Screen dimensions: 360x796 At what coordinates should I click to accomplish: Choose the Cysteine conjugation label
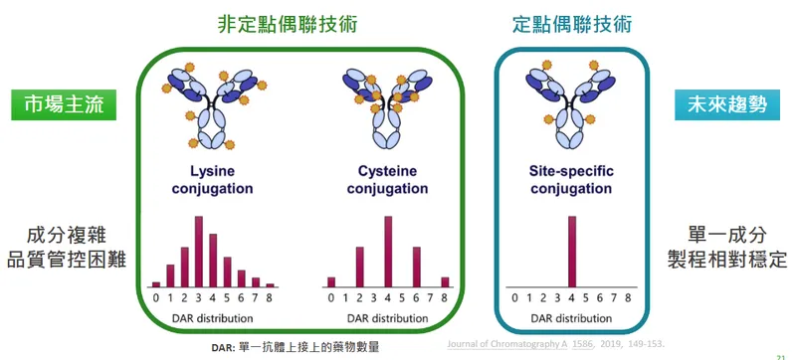tap(387, 179)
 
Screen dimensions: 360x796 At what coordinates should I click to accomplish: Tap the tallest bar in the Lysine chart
tap(198, 251)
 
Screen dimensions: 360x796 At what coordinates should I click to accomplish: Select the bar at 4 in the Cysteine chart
tap(388, 251)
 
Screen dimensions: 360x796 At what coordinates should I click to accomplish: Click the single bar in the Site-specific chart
tap(570, 251)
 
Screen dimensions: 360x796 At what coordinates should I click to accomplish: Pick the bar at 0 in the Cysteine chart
tap(331, 281)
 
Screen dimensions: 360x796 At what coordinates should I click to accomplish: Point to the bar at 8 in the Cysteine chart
tap(445, 281)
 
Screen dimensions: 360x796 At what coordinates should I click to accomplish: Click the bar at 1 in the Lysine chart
tap(170, 274)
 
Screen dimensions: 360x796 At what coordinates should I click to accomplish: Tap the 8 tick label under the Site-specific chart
tap(627, 296)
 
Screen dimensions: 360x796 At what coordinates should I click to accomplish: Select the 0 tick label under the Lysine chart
tap(155, 296)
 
